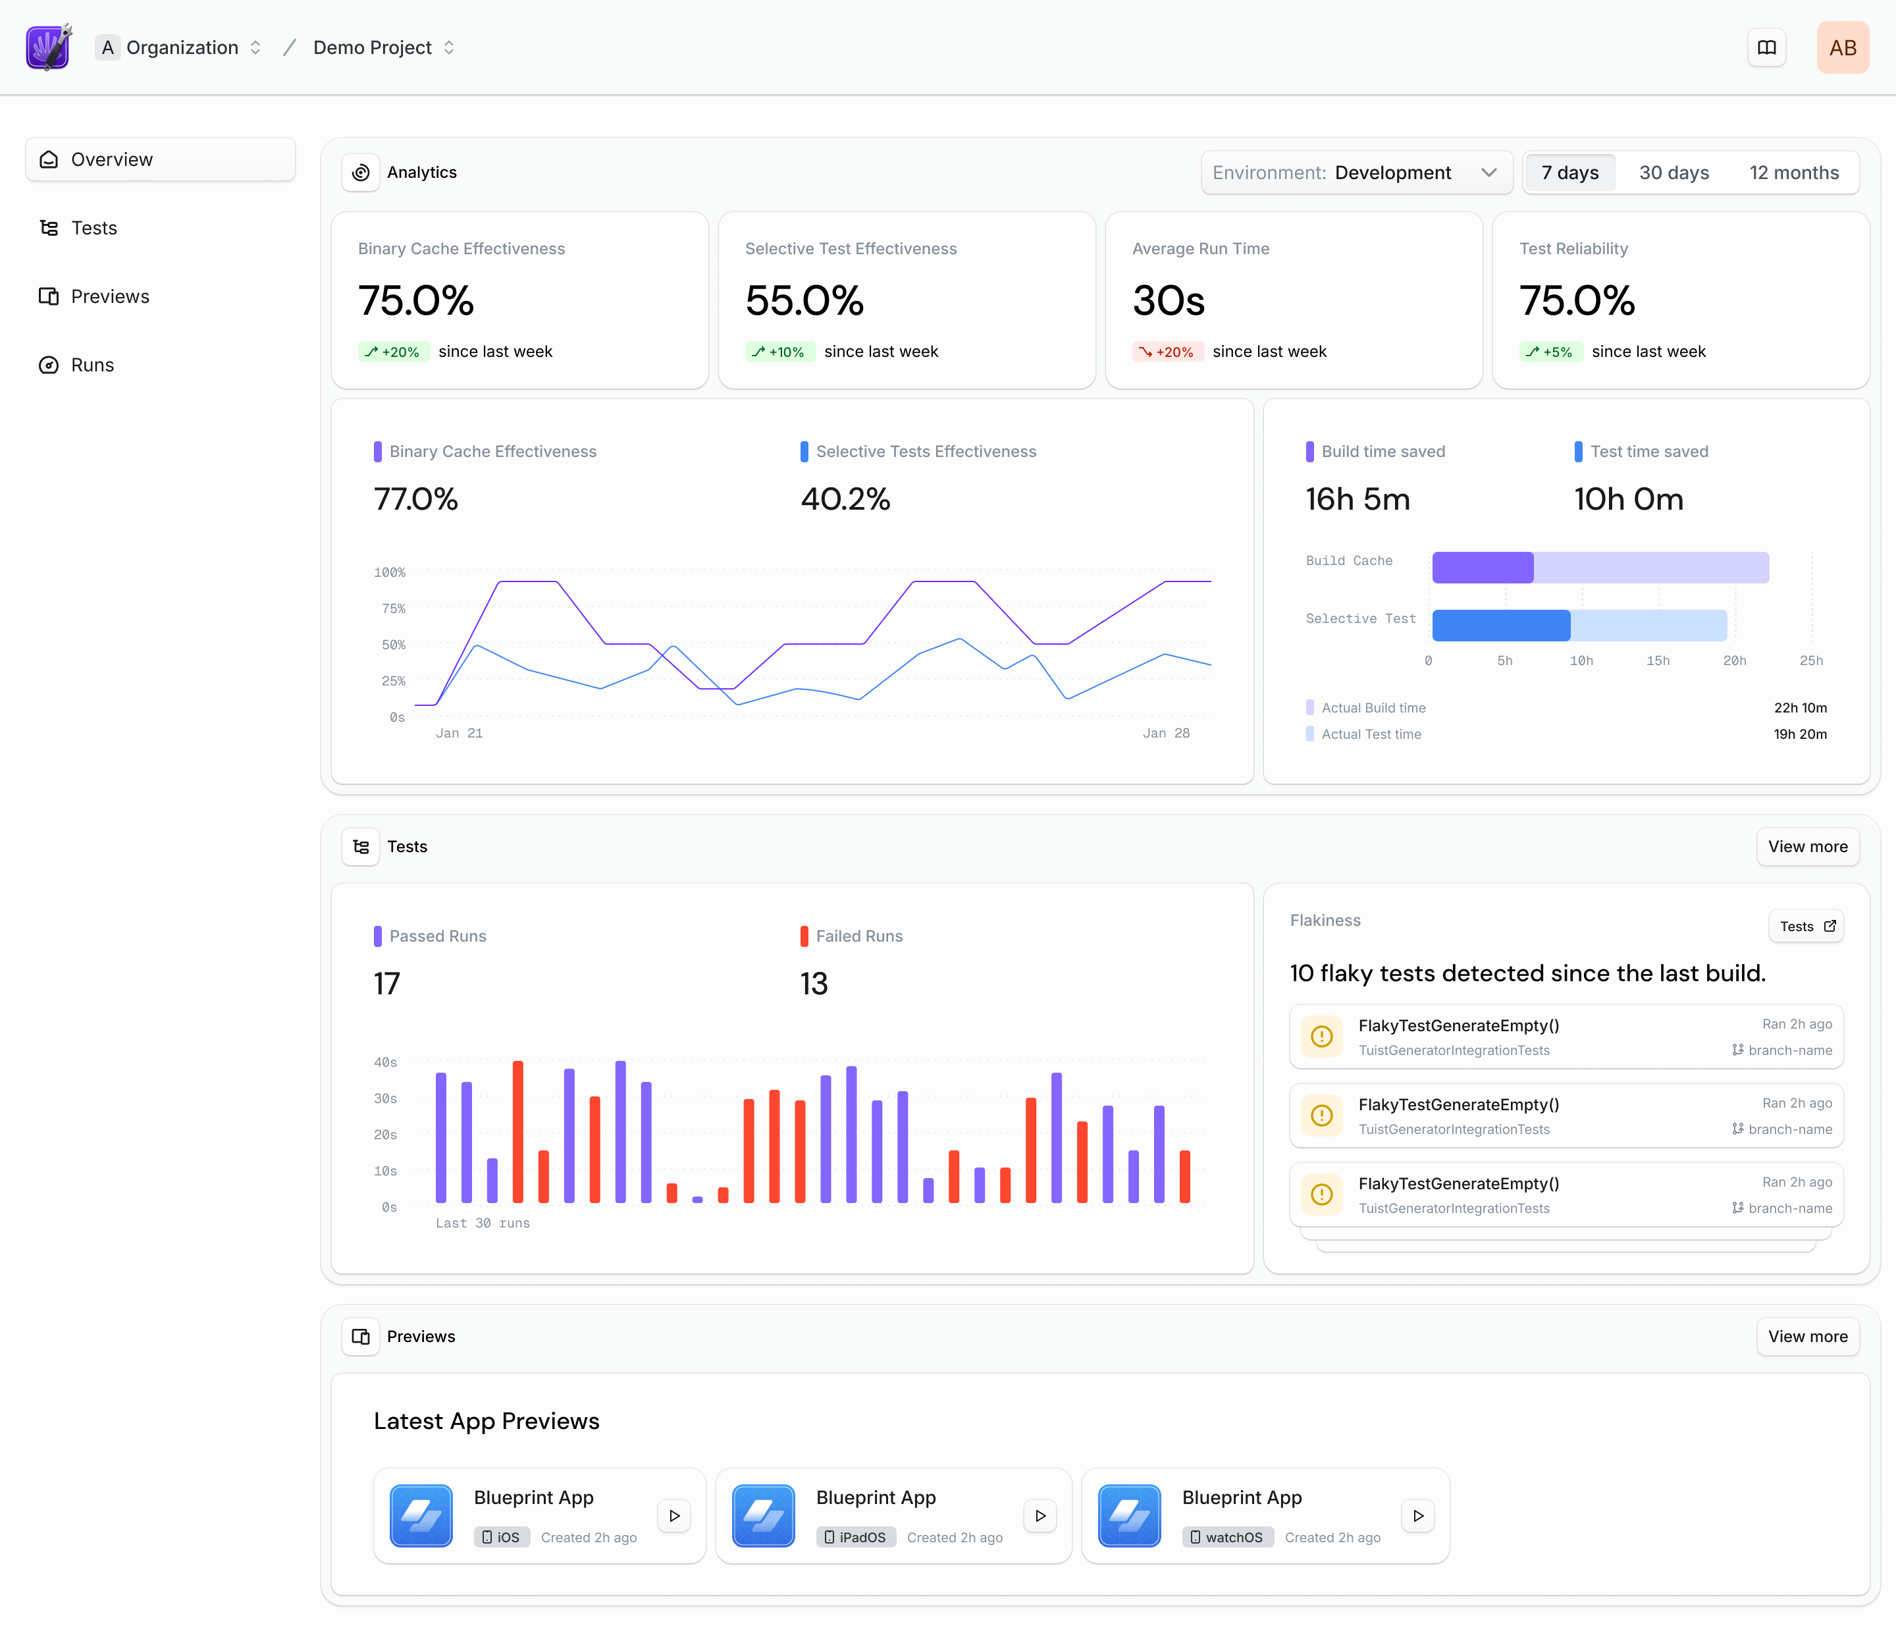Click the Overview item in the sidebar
tap(160, 159)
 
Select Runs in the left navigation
tap(92, 365)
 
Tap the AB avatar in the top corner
tap(1841, 47)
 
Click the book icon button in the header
tap(1766, 47)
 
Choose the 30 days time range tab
tap(1673, 173)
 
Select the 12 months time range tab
tap(1793, 173)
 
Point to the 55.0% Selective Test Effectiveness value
tap(804, 302)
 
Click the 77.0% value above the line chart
tap(415, 500)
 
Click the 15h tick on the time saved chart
tap(1657, 661)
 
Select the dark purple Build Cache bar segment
tap(1482, 568)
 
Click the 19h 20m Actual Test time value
tap(1799, 734)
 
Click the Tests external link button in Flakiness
tap(1805, 927)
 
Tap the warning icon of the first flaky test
tap(1321, 1036)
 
